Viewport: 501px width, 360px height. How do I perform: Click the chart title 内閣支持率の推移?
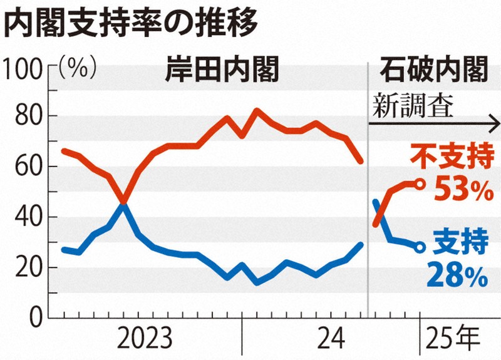coord(131,24)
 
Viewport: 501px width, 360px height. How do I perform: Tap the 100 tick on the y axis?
coord(23,66)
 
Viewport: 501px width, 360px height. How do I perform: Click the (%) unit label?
coord(77,66)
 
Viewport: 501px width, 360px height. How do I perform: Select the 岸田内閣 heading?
coord(222,71)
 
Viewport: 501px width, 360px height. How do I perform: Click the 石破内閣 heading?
coord(434,71)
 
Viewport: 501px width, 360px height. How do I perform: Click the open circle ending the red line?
coord(420,183)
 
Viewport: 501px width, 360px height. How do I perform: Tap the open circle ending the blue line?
coord(420,247)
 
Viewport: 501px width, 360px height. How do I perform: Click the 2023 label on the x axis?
coord(145,340)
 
